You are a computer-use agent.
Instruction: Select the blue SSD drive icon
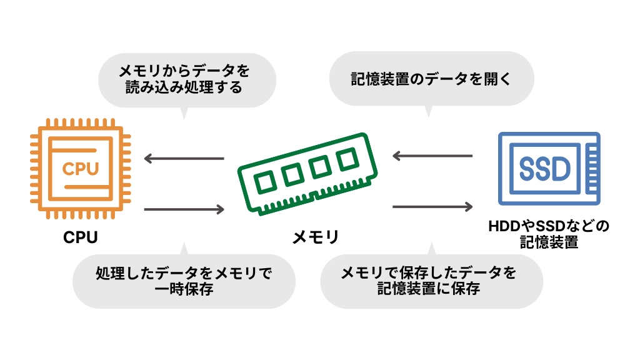pos(549,168)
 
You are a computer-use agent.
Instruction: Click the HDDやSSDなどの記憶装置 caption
pos(549,234)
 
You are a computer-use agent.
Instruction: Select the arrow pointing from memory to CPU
pos(184,158)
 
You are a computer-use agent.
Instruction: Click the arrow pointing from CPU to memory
pos(184,209)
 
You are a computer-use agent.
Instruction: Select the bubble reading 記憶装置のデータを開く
pos(431,79)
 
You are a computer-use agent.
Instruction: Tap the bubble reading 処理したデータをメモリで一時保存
pos(184,281)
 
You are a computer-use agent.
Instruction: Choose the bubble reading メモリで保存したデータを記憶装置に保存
pos(431,281)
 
